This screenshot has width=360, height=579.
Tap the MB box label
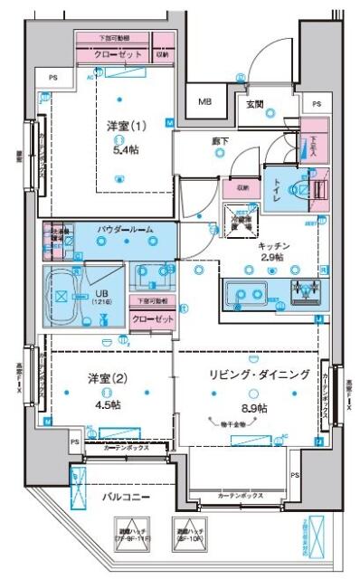(207, 101)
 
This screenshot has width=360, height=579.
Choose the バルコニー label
(126, 497)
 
